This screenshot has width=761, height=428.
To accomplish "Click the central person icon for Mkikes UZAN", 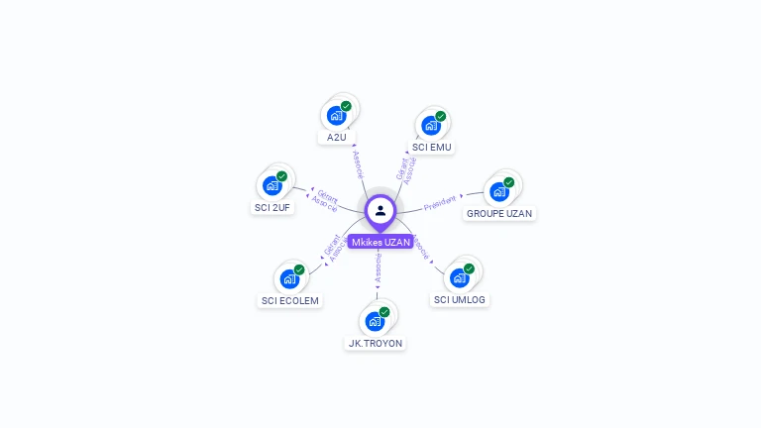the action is [380, 210].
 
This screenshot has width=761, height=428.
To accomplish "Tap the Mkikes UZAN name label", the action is [380, 242].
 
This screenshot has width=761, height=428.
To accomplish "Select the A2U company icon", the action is [336, 115].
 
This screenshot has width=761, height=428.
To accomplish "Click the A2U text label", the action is [337, 137].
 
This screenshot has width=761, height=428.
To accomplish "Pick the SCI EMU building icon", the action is [431, 126].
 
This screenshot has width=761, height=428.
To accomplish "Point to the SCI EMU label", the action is [431, 148].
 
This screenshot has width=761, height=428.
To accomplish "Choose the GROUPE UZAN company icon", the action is [499, 191].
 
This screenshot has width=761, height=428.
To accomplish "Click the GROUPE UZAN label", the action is [499, 213].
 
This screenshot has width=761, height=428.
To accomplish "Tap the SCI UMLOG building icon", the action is [460, 277].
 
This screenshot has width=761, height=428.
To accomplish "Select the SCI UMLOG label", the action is [461, 299].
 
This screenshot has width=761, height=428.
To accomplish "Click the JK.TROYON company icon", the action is [375, 321].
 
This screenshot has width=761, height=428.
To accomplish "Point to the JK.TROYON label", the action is [376, 343].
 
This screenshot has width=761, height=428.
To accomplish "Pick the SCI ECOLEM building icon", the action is [289, 278].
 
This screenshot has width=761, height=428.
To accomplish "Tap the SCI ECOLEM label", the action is [290, 300].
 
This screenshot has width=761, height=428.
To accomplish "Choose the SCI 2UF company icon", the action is [272, 185].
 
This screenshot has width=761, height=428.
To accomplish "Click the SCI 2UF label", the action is [272, 207].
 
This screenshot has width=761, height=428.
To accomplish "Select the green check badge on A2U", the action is [346, 106].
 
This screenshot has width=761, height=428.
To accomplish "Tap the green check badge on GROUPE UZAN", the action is [509, 182].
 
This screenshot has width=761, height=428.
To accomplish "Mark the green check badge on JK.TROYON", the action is [384, 312].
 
